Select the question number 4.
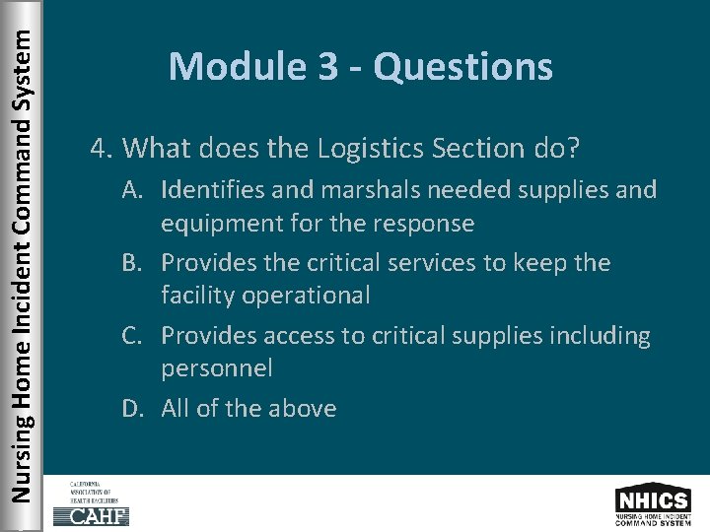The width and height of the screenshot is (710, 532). coord(98,149)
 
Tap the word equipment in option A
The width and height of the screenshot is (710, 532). coord(217,224)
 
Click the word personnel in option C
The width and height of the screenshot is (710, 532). coord(216,368)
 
